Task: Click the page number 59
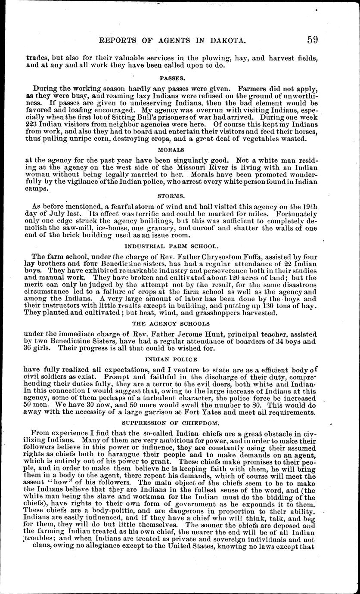312,40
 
